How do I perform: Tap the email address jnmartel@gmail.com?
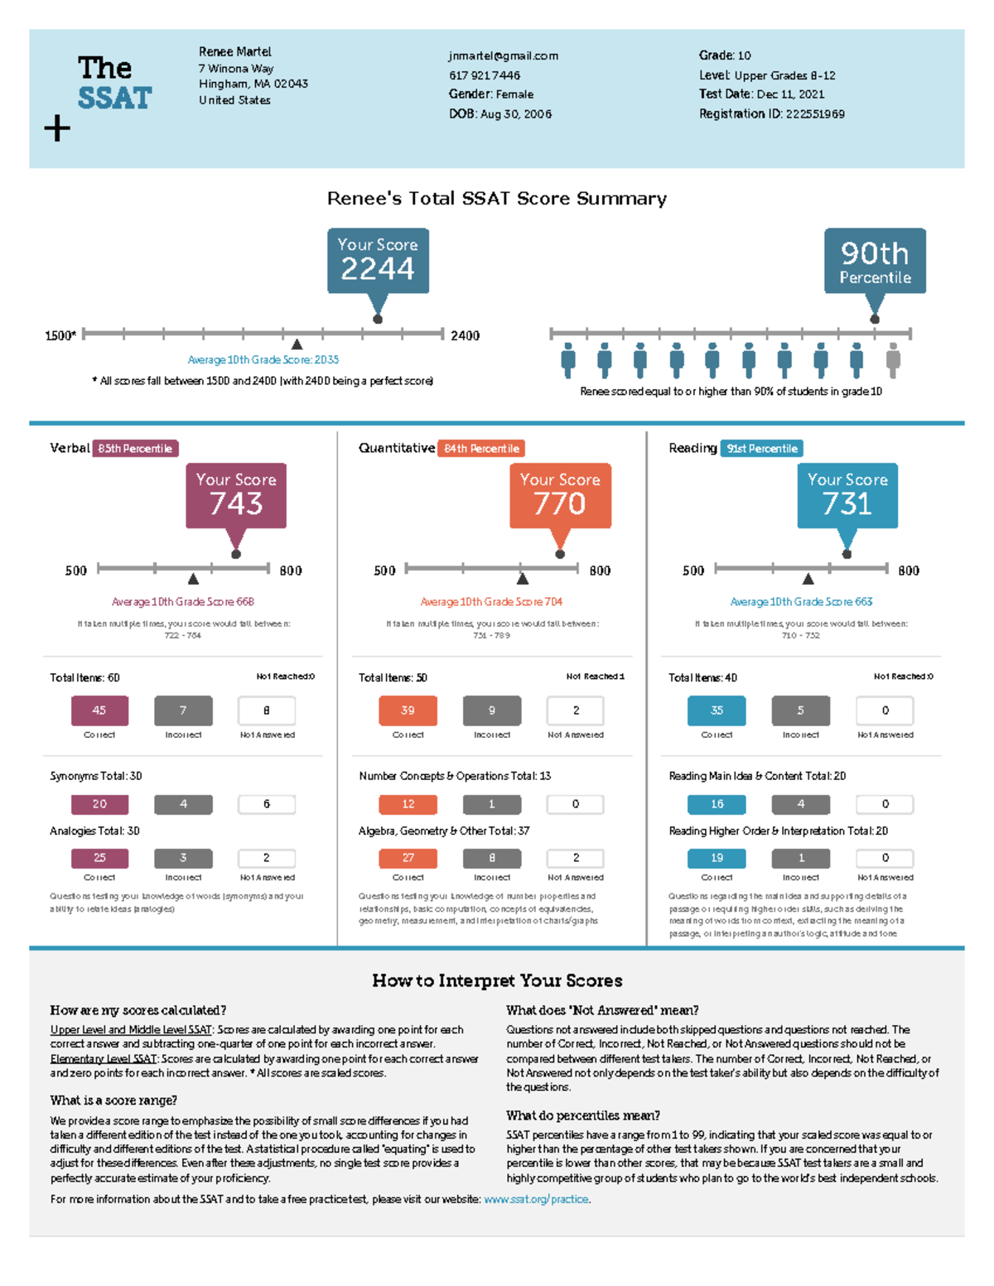pos(503,56)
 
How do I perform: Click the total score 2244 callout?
pos(378,260)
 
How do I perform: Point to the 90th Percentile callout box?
pos(875,261)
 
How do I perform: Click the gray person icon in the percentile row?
pos(893,359)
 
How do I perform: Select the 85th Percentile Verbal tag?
pos(135,449)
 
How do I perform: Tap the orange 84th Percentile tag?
pos(481,449)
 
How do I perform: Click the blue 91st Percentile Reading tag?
pos(761,449)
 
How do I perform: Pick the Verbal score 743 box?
pos(236,495)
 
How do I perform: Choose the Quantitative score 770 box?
pos(560,495)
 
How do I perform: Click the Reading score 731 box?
pos(847,495)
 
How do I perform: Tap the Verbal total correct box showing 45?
pos(99,710)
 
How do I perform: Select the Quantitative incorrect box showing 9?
pos(492,710)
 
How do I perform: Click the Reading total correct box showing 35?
pos(717,710)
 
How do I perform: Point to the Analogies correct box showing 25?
pos(99,858)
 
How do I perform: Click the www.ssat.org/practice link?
pos(537,1199)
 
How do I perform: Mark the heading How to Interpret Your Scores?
pos(497,980)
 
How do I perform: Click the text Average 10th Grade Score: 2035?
pos(263,360)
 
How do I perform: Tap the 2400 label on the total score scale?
pos(465,335)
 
